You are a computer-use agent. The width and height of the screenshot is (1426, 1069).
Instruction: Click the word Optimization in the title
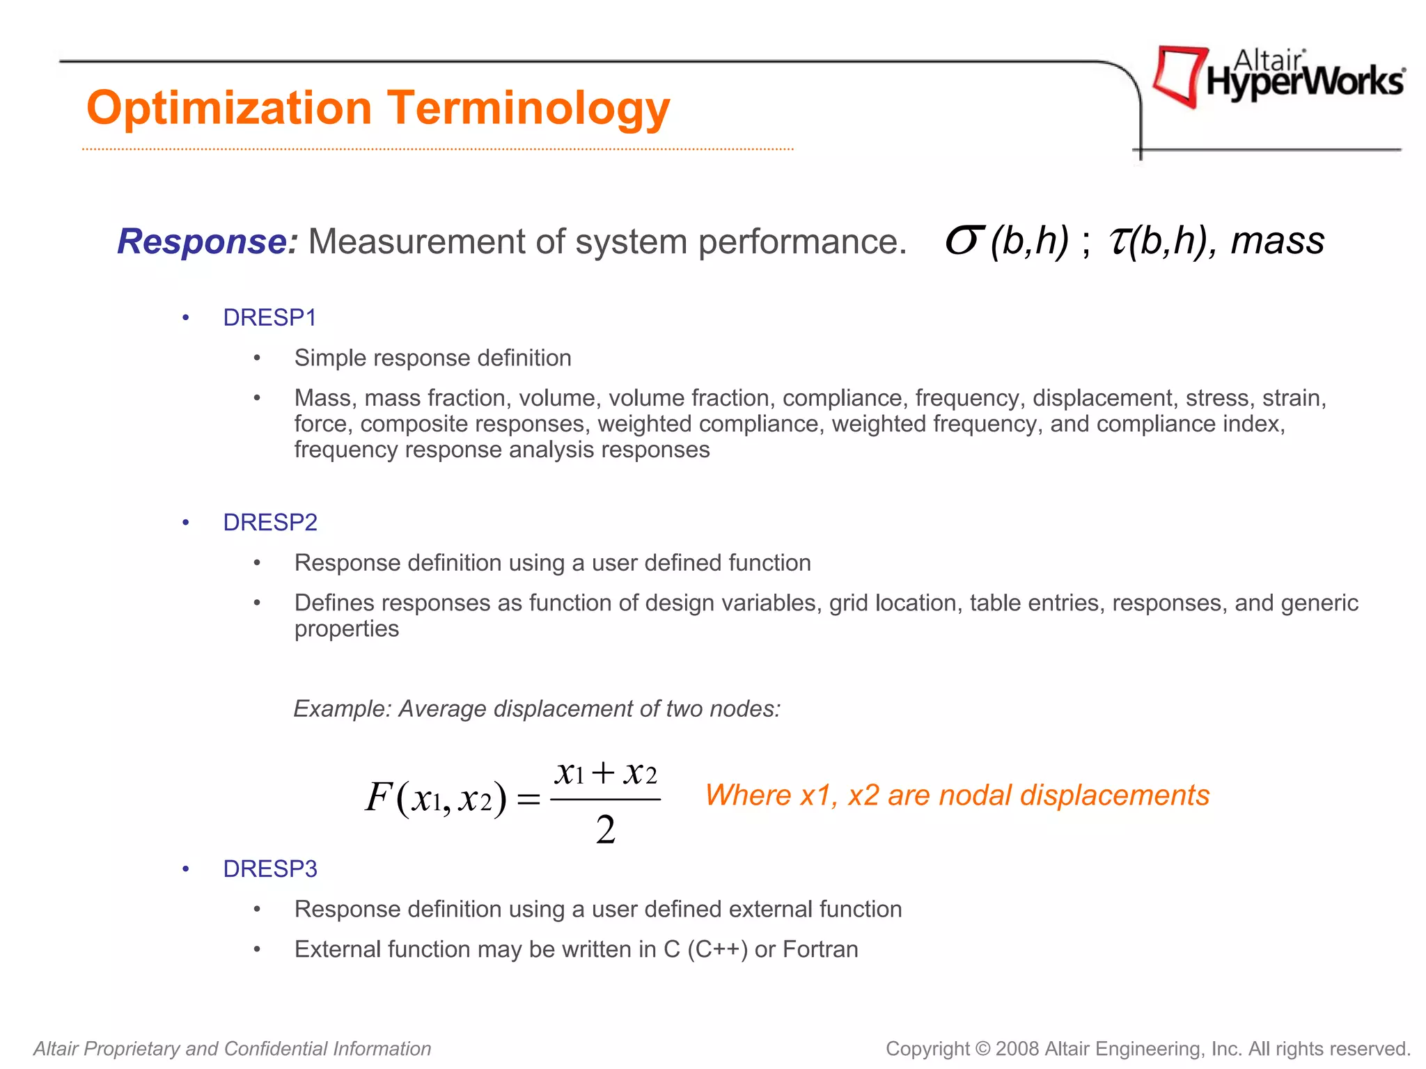pos(229,109)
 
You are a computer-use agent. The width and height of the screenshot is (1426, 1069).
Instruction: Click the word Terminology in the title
pos(528,109)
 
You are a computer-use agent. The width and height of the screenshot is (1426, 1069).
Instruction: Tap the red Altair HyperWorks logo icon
pos(1179,75)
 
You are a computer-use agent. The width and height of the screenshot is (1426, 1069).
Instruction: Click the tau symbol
pos(1118,241)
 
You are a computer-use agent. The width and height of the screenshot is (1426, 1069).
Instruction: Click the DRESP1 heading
pos(269,317)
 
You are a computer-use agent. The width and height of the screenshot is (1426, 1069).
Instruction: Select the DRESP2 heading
pos(269,522)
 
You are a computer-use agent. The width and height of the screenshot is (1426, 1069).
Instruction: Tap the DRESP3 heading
pos(269,869)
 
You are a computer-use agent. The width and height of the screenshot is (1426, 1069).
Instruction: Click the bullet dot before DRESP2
pos(186,523)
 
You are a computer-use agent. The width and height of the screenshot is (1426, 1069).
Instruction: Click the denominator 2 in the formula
pos(606,830)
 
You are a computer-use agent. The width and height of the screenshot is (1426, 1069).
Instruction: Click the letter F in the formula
pos(378,797)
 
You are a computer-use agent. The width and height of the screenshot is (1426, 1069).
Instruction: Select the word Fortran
pos(820,949)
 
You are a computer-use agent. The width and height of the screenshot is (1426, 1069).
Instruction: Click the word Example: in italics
pos(343,708)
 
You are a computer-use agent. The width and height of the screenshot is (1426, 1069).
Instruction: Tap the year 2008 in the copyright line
pos(1017,1049)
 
